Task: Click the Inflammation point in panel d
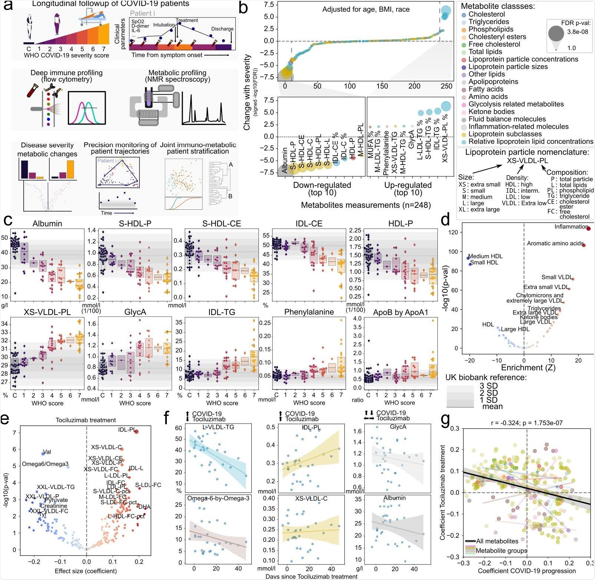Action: pos(588,228)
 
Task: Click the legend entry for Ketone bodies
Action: pos(491,112)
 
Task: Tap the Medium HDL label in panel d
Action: pos(486,256)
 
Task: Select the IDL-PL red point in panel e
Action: pos(136,431)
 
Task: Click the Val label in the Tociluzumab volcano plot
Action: pos(47,452)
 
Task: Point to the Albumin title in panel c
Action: pos(47,224)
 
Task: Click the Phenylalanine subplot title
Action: pos(309,312)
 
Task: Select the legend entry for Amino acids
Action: pos(488,97)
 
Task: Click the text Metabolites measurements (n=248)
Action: pos(366,205)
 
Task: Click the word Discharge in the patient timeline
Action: pos(222,29)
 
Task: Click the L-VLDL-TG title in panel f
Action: pos(218,427)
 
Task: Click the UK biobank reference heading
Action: pos(486,377)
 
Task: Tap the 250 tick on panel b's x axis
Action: pos(446,86)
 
